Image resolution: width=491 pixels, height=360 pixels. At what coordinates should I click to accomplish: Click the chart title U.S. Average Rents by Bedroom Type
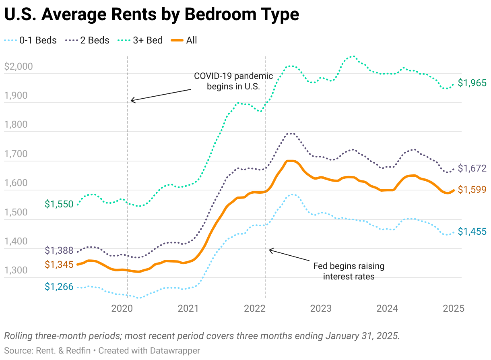point(151,15)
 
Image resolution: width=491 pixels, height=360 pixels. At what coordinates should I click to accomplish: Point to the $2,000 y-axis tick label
point(18,66)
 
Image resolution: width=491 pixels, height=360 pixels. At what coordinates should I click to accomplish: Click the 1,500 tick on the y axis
point(16,212)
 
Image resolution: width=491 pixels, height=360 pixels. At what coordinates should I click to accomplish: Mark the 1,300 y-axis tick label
point(16,270)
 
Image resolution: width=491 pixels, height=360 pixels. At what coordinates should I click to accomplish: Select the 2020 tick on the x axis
point(122,308)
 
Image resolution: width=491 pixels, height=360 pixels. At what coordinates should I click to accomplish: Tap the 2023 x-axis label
point(321,308)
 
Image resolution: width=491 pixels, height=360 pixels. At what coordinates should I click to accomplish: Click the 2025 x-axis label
point(453,308)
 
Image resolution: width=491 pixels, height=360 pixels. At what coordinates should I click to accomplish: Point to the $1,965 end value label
point(472,83)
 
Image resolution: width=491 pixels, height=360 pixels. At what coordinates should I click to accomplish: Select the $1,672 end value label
point(472,168)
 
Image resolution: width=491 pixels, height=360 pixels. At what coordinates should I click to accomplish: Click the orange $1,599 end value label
point(472,190)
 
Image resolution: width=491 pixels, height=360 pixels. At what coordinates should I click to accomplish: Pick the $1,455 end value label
point(472,232)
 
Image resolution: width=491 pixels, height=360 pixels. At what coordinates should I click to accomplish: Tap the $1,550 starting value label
point(59,204)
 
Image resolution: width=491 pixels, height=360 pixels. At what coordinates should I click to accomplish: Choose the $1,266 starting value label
point(59,287)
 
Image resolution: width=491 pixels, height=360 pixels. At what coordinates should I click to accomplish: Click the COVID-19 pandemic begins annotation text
point(233,81)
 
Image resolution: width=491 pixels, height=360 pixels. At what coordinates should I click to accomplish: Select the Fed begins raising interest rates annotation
point(349,271)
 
